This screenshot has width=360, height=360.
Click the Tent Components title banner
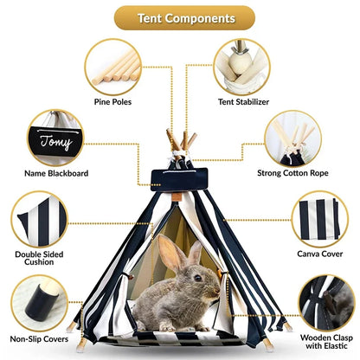click(x=184, y=17)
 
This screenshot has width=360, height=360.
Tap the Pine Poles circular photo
click(x=113, y=67)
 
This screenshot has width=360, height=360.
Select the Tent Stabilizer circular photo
click(x=241, y=67)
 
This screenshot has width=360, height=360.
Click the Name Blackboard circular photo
click(x=55, y=137)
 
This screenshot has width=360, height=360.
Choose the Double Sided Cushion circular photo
click(x=40, y=219)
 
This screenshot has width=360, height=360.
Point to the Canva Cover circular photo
click(x=319, y=219)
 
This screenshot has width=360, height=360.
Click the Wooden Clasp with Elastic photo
click(x=326, y=302)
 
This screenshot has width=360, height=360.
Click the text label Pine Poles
click(x=113, y=102)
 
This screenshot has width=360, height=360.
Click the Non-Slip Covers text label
click(x=40, y=340)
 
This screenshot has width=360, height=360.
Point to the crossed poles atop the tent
click(x=182, y=140)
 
